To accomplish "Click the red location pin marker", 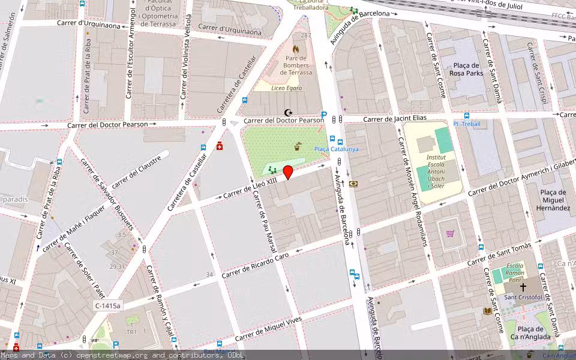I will pos(288,172).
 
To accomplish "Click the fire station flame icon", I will pos(295,48).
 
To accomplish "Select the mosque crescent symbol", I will pos(288,112).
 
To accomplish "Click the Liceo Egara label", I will pos(287,88).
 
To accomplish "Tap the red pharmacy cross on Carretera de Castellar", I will pos(220,146).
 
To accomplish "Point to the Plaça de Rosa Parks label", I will pos(467,70).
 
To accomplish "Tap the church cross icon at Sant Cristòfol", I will pos(523,287).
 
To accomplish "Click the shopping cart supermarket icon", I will pos(450,234).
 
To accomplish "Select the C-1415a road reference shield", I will pos(107,306).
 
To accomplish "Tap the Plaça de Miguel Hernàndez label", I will pos(554,200).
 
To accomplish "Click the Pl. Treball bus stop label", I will pos(467,124).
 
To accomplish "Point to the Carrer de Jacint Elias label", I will pos(394,119).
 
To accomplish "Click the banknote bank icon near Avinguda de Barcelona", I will pos(353,184).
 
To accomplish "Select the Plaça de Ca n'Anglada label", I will pos(530,333).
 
